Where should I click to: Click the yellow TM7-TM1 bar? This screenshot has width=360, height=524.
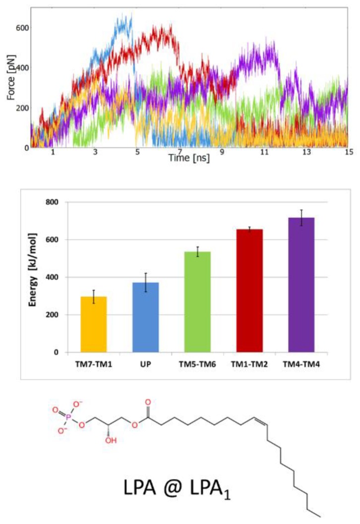click(93, 324)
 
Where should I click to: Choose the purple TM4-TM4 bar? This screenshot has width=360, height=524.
click(301, 285)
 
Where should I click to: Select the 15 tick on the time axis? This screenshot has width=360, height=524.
click(349, 153)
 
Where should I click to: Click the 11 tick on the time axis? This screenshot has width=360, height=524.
click(265, 153)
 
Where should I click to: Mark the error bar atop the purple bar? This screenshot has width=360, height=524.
click(301, 218)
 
